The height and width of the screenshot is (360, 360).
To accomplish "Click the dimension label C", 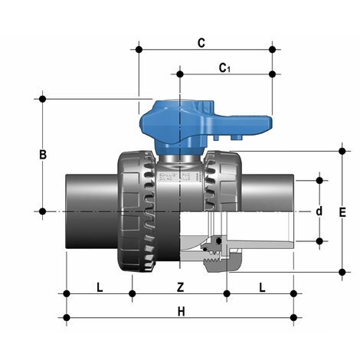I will coord(201,43).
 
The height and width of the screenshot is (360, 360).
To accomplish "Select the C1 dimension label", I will coord(224,69).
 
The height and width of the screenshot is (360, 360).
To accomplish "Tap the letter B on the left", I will coord(44,155).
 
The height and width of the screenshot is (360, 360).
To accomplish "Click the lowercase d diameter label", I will coord(319,211).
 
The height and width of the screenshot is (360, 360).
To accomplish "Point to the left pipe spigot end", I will coord(90,211).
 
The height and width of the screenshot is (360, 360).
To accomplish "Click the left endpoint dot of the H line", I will coord(67,316).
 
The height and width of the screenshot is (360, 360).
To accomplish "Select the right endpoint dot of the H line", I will coord(293,316).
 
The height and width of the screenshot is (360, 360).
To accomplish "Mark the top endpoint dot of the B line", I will coord(44,98).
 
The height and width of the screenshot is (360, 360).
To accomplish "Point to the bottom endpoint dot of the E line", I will coord(342,270).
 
